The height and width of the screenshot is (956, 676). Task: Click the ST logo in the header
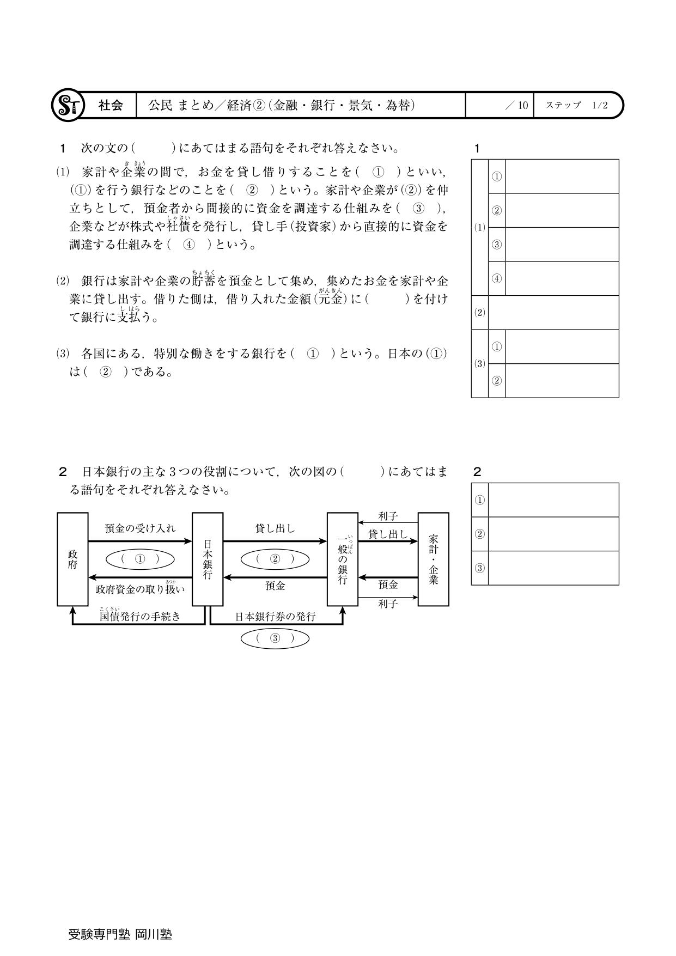pos(68,105)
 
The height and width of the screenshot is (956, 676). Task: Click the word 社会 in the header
pos(110,105)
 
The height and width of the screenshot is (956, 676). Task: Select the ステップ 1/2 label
pos(576,105)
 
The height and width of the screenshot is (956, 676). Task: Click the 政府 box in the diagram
pos(72,559)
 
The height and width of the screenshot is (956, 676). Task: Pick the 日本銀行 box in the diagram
pos(208,559)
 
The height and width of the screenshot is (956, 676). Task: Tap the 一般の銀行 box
pos(342,559)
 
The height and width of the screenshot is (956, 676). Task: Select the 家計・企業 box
pos(433,559)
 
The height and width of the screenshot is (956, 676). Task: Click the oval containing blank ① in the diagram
pos(140,559)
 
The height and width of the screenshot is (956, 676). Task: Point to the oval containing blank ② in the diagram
pos(275,559)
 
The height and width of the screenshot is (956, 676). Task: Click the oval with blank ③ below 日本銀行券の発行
pos(275,638)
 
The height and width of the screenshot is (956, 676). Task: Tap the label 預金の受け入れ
pos(140,528)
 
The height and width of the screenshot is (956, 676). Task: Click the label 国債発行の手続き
pos(140,617)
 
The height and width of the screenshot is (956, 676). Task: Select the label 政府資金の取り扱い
pos(140,589)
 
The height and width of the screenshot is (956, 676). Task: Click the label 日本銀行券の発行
pos(275,617)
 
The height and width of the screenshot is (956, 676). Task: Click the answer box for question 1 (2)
pos(553,313)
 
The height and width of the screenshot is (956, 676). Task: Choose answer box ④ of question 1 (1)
pos(562,278)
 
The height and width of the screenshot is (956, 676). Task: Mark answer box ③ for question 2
pos(553,568)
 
